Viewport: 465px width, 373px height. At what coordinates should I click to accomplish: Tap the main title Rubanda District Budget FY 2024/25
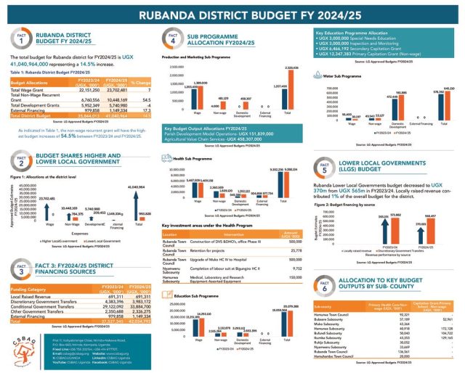coord(232,13)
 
